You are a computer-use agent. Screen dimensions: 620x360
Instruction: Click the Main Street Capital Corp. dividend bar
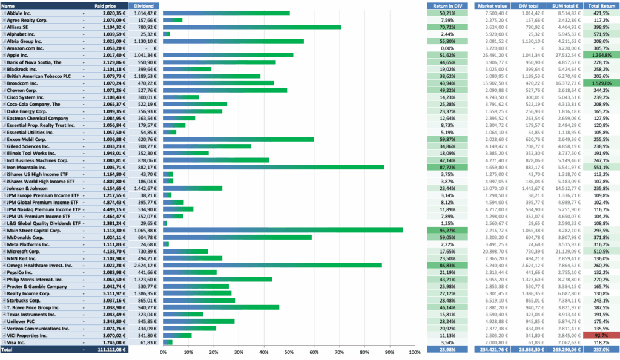tap(283, 231)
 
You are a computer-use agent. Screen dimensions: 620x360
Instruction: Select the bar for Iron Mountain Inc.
tap(274, 167)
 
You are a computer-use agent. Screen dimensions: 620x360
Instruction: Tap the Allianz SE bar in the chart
tap(252, 27)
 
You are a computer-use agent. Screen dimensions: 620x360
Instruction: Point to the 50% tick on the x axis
tap(289, 352)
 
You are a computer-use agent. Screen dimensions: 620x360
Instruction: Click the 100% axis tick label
tap(415, 352)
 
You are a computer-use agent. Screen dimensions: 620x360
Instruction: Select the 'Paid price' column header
tap(105, 6)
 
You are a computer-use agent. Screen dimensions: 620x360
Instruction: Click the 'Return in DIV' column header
tap(447, 6)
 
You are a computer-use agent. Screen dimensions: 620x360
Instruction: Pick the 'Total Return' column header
tap(601, 6)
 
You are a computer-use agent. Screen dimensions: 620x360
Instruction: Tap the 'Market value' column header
tap(492, 6)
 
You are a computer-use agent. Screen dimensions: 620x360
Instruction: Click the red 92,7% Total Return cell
tap(601, 336)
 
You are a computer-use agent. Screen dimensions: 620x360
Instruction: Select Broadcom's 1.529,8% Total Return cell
tap(601, 83)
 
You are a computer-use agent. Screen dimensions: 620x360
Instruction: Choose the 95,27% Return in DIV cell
tap(447, 231)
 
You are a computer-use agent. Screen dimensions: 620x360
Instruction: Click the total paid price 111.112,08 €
tap(111, 350)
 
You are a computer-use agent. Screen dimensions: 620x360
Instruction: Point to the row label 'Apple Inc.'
tap(18, 55)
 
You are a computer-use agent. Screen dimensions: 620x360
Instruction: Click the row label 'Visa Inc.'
tap(16, 342)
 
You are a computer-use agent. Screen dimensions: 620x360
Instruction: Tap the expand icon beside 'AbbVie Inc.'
tap(4, 13)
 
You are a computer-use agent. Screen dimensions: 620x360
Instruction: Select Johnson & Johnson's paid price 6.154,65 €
tap(114, 189)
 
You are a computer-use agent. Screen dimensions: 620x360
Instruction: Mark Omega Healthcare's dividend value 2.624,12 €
tap(145, 266)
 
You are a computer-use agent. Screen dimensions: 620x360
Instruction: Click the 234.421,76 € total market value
tap(492, 350)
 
